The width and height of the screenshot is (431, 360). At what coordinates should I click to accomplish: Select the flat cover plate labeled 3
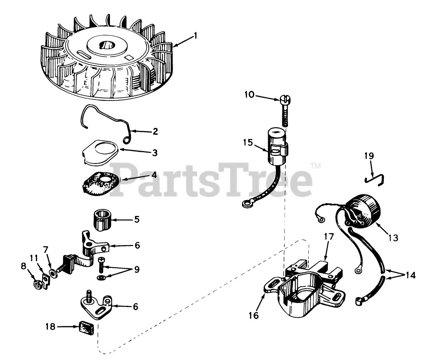coord(100,152)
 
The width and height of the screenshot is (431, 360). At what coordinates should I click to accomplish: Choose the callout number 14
coord(410,275)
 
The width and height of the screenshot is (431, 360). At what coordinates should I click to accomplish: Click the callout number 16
coord(254,315)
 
